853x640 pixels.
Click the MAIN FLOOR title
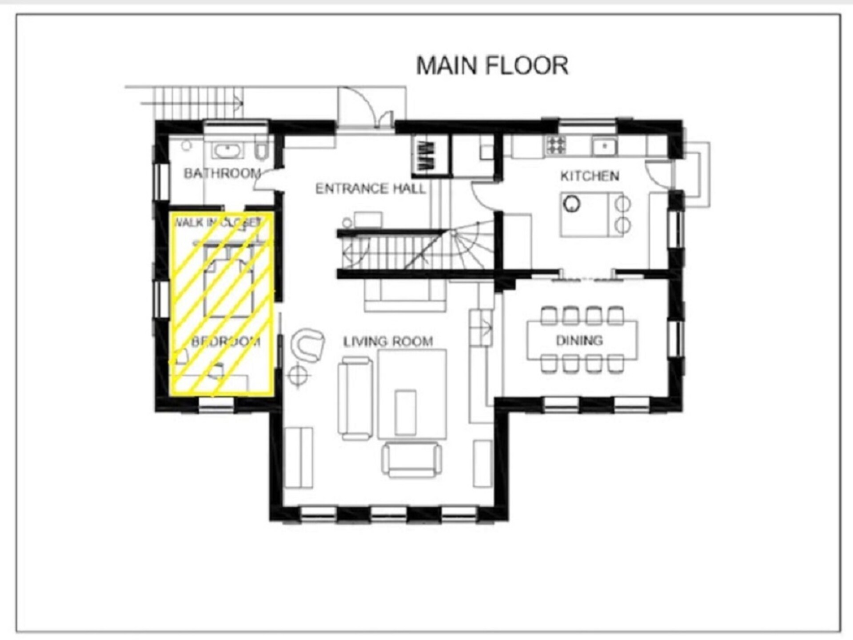pyautogui.click(x=492, y=65)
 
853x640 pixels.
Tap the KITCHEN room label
pyautogui.click(x=590, y=176)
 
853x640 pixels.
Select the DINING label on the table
pyautogui.click(x=579, y=340)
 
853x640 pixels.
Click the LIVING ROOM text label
pyautogui.click(x=388, y=341)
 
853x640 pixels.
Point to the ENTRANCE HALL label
pyautogui.click(x=371, y=189)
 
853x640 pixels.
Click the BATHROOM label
pyautogui.click(x=222, y=173)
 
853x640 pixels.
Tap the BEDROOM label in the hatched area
pyautogui.click(x=226, y=341)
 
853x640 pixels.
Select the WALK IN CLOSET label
pyautogui.click(x=217, y=222)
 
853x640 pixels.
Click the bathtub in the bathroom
pyautogui.click(x=227, y=150)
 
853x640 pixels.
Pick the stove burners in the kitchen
pyautogui.click(x=556, y=144)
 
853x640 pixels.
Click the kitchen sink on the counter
pyautogui.click(x=604, y=146)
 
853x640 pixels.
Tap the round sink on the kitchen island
pyautogui.click(x=571, y=204)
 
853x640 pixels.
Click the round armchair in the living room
pyautogui.click(x=307, y=345)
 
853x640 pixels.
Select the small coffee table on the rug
pyautogui.click(x=405, y=412)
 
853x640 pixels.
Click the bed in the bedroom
pyautogui.click(x=229, y=280)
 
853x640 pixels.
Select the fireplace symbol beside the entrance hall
pyautogui.click(x=426, y=156)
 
